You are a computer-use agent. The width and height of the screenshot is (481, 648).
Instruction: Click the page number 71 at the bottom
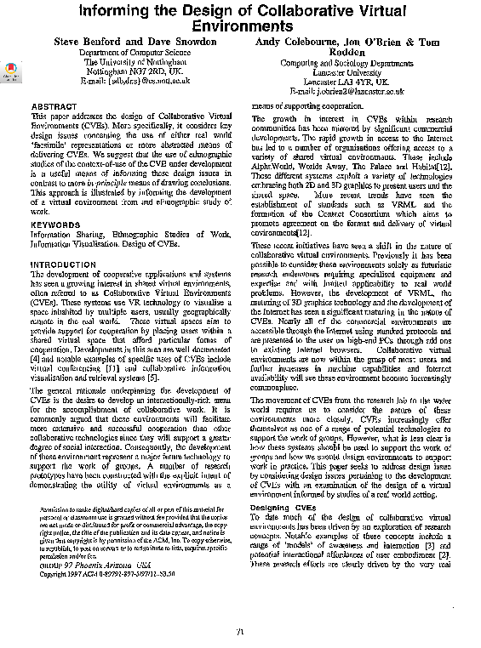coord(241,631)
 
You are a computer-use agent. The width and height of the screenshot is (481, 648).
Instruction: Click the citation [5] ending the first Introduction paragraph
coord(152,354)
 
